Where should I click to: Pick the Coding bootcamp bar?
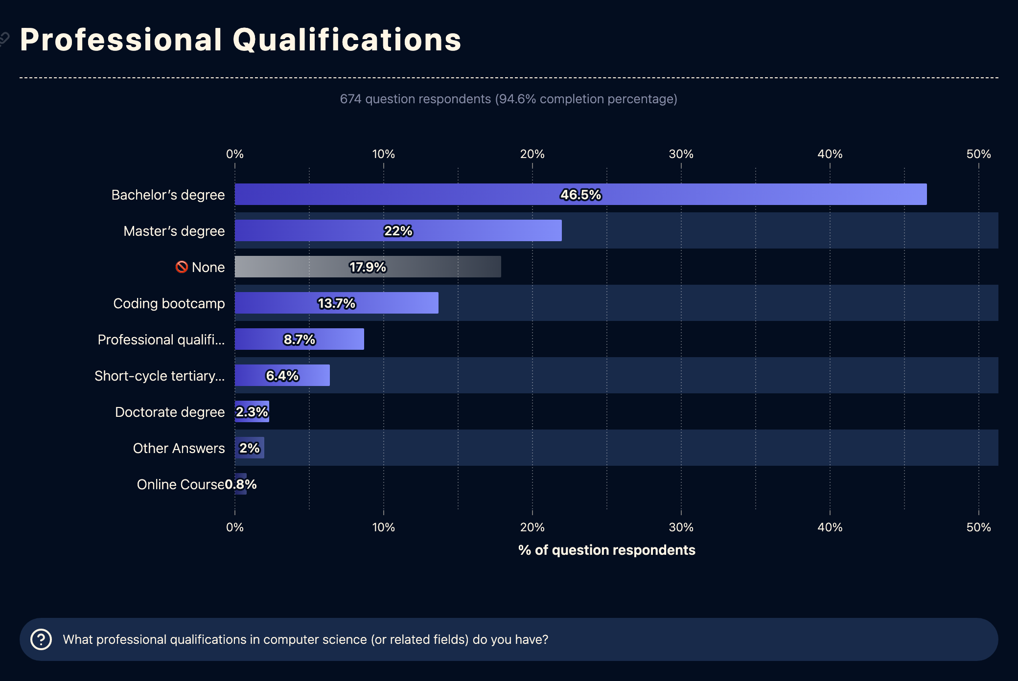click(x=274, y=303)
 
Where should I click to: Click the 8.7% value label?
click(x=300, y=340)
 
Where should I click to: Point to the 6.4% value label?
click(x=282, y=376)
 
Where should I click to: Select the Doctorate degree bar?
click(x=252, y=411)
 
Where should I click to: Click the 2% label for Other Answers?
click(x=250, y=448)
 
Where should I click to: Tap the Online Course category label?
click(x=180, y=484)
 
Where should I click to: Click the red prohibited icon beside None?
click(x=182, y=267)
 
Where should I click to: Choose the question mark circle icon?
click(x=41, y=639)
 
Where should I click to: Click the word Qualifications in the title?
click(x=347, y=40)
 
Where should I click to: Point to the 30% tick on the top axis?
click(x=681, y=154)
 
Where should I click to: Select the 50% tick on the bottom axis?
click(x=978, y=527)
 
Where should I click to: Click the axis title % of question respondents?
click(x=606, y=550)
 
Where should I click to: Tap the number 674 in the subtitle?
click(x=350, y=99)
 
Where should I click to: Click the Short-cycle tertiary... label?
click(x=160, y=376)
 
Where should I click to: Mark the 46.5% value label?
click(x=580, y=195)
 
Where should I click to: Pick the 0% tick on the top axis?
click(x=235, y=154)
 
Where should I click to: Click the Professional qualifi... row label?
click(x=161, y=340)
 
